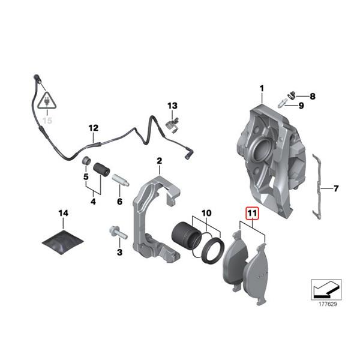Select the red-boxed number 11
tap(251, 212)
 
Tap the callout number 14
tap(64, 213)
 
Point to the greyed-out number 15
tap(46, 120)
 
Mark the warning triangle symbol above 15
tap(46, 103)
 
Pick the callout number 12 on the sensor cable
tap(92, 128)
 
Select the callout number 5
tap(85, 177)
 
